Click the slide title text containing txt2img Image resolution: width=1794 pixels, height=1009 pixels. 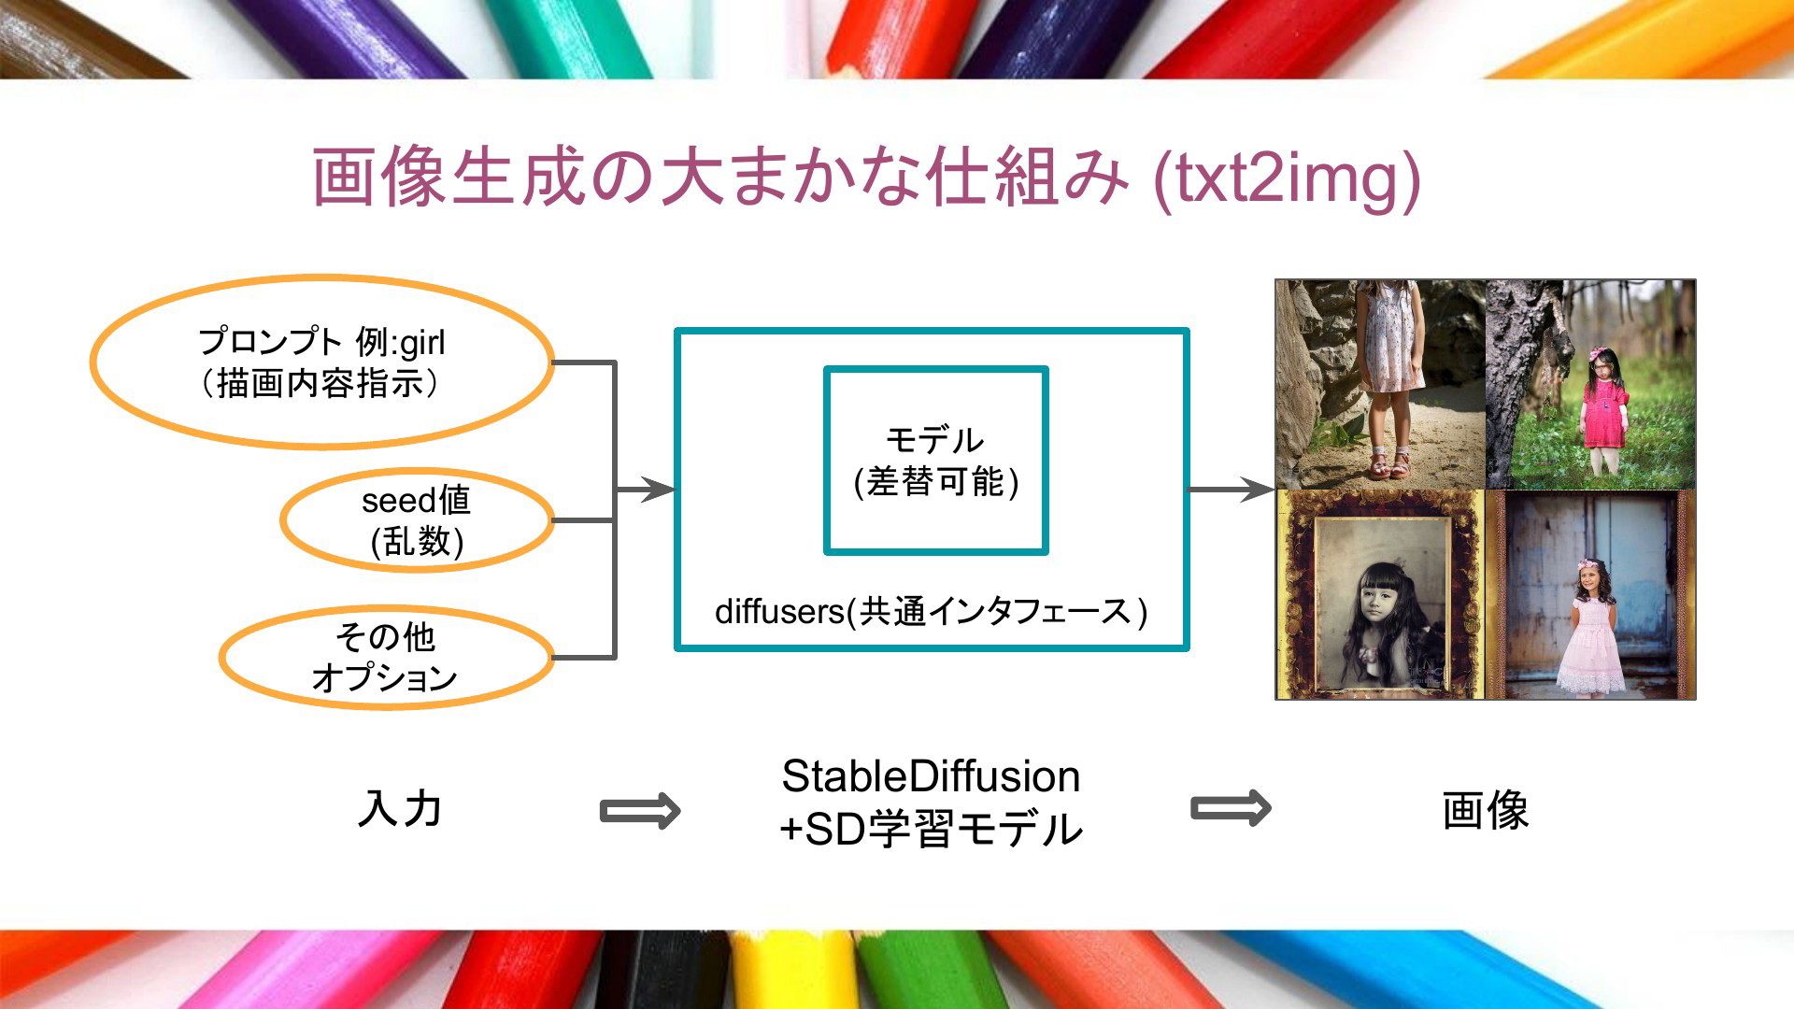(x=866, y=178)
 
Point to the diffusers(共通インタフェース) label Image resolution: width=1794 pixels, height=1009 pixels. (x=932, y=612)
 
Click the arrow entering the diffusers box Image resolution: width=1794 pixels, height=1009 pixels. (x=645, y=490)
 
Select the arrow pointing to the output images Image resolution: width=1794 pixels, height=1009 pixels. (x=1232, y=489)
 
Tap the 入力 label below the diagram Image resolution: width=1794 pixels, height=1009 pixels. (x=400, y=808)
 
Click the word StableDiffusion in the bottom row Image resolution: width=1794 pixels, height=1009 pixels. (x=931, y=776)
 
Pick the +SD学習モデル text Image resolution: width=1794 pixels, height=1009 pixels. (x=931, y=829)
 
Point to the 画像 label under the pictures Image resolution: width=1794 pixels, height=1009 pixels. (x=1486, y=809)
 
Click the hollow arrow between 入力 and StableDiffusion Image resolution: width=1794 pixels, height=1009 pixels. (x=640, y=810)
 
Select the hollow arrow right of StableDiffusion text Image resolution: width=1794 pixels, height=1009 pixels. (x=1231, y=808)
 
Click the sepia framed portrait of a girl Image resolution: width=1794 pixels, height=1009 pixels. (x=1380, y=594)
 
